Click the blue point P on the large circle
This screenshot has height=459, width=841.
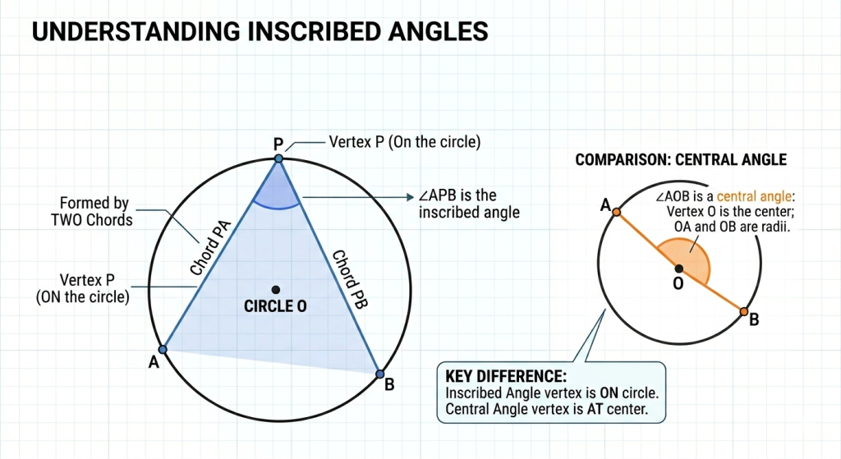point(278,158)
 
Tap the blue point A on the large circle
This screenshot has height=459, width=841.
point(163,350)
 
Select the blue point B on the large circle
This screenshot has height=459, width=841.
point(379,374)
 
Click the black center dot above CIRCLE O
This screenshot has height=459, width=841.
point(276,290)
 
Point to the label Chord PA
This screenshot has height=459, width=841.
point(211,248)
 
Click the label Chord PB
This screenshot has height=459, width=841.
point(350,279)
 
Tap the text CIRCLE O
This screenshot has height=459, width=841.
point(275,306)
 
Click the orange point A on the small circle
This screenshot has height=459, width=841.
point(617,213)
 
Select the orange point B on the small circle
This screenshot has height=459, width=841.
point(743,311)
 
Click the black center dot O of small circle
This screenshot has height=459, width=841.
point(679,269)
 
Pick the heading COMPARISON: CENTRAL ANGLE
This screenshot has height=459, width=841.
point(681,160)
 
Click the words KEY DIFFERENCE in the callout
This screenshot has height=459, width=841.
point(506,376)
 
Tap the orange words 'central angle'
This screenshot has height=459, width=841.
point(754,196)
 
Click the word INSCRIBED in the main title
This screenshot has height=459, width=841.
point(313,31)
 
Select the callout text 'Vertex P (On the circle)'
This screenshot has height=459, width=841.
point(404,142)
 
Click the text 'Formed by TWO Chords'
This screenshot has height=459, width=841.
point(92,211)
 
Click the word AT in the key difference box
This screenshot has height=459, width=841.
point(595,409)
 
